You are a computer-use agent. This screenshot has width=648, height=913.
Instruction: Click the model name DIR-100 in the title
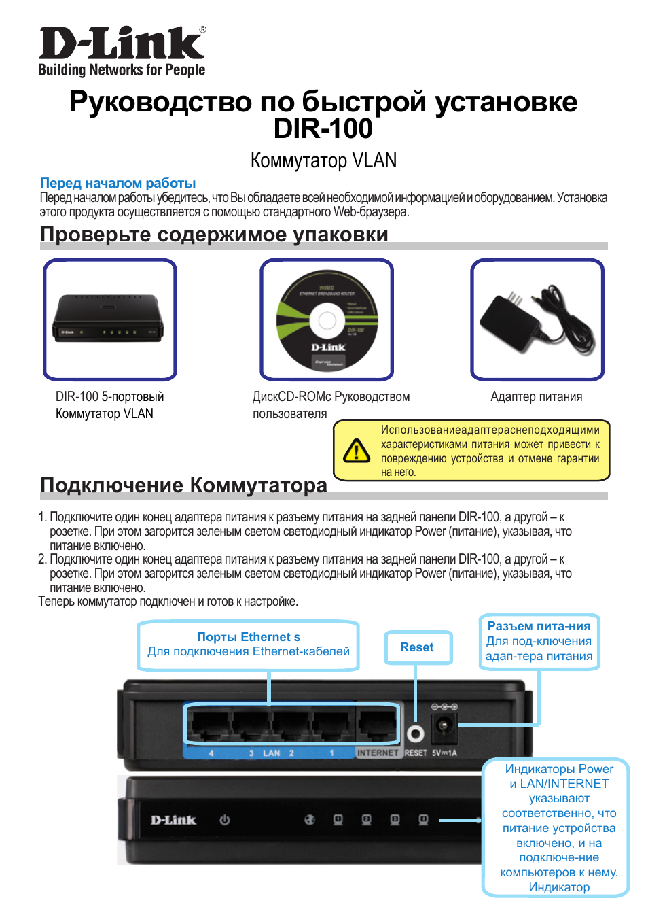(323, 128)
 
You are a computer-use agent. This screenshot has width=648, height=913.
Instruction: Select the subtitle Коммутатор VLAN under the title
(323, 160)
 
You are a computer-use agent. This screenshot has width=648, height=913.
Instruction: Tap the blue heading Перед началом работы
(118, 183)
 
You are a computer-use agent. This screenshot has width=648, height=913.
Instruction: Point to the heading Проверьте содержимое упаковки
(214, 235)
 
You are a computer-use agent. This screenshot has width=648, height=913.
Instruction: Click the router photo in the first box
(109, 319)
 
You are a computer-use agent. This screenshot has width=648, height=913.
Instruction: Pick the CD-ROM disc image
(327, 320)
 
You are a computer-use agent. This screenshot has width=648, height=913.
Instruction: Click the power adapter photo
(537, 319)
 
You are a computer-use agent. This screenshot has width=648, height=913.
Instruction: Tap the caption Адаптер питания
(536, 396)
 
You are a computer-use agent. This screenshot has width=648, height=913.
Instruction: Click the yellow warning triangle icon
(357, 450)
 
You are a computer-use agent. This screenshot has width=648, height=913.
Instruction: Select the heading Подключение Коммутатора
(183, 485)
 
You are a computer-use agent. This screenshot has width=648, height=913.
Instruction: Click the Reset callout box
(417, 647)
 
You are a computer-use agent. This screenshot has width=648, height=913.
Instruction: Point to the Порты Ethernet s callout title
(249, 637)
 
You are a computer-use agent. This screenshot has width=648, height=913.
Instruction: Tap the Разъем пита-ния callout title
(539, 626)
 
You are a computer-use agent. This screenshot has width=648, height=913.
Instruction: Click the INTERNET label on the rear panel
(378, 753)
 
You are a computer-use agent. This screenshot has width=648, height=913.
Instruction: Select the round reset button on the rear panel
(415, 734)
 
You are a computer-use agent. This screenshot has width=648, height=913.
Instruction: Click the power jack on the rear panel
(444, 727)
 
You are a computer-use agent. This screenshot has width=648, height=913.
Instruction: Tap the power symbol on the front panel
(225, 820)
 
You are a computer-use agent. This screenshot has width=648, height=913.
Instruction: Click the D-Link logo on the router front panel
(173, 820)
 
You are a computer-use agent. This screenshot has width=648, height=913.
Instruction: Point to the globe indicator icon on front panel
(310, 820)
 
